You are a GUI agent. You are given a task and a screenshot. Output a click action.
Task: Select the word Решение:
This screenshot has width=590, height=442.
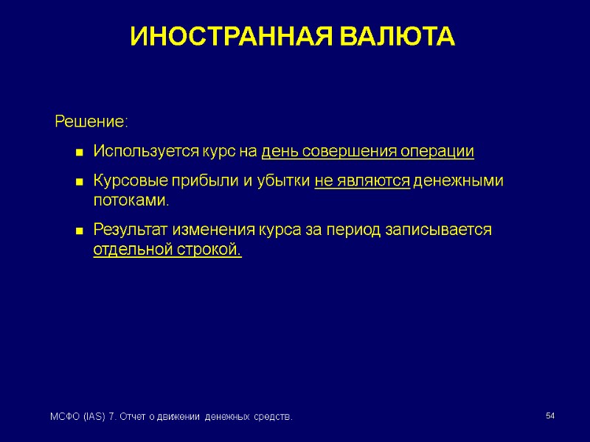tap(91, 121)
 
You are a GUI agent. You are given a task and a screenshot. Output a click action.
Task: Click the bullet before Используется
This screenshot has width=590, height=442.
tap(77, 152)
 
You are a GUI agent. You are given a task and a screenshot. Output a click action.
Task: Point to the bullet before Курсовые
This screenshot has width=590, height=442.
tap(77, 182)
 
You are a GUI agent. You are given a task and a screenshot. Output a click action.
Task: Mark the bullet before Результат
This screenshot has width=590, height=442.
tap(77, 231)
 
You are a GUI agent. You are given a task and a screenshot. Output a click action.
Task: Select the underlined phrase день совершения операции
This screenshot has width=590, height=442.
tap(367, 152)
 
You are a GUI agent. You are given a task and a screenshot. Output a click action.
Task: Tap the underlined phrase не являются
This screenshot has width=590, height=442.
tap(361, 181)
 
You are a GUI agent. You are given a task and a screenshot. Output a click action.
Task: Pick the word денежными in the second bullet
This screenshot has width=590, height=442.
tap(458, 181)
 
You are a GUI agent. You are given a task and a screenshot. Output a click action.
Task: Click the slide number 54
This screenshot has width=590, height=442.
tap(549, 417)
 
